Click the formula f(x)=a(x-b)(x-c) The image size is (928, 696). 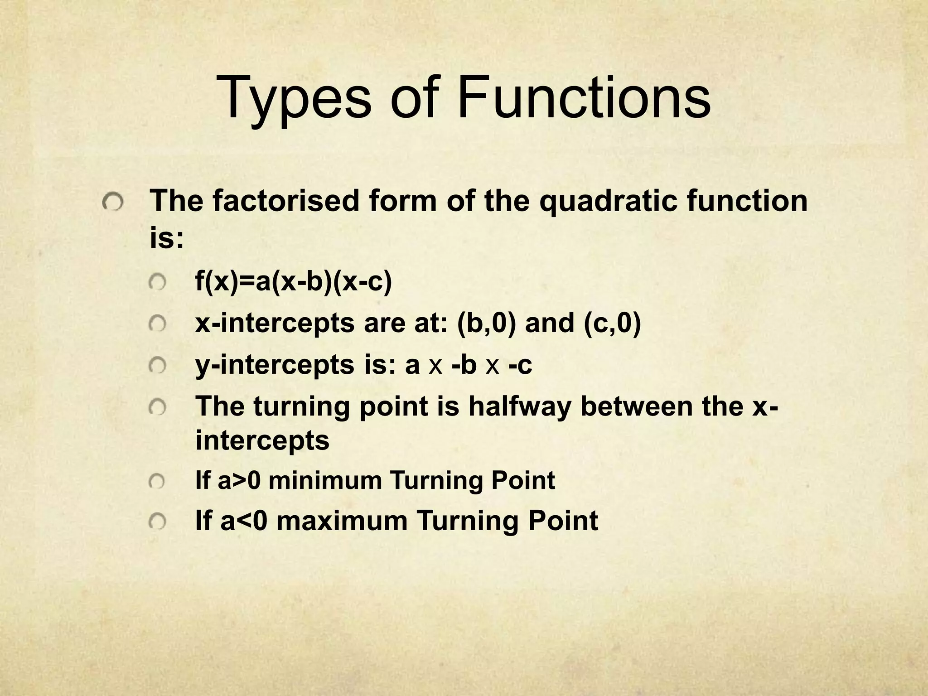click(293, 282)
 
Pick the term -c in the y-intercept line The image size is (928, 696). click(520, 365)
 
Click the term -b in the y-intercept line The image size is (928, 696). click(464, 365)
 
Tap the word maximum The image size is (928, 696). click(342, 521)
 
